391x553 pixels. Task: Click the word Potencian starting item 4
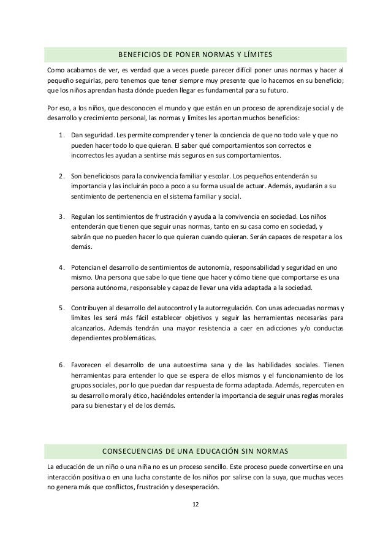click(89, 267)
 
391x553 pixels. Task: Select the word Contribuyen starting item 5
click(92, 307)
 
